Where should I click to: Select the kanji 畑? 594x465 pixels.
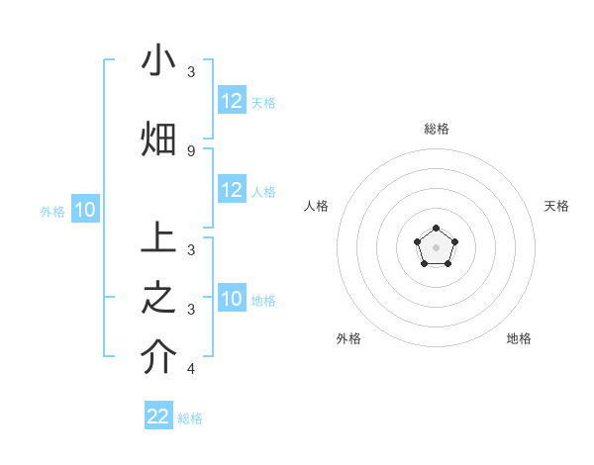pyautogui.click(x=158, y=139)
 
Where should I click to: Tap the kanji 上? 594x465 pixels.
pyautogui.click(x=158, y=239)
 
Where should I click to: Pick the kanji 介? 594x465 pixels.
pyautogui.click(x=158, y=358)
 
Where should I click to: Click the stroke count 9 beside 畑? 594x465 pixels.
pyautogui.click(x=191, y=150)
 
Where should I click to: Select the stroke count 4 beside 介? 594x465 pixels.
pyautogui.click(x=191, y=370)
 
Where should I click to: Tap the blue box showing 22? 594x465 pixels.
pyautogui.click(x=158, y=417)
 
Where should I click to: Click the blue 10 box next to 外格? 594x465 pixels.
pyautogui.click(x=85, y=210)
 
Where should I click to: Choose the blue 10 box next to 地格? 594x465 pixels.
pyautogui.click(x=232, y=300)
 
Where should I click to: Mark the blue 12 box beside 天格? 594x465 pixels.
pyautogui.click(x=232, y=101)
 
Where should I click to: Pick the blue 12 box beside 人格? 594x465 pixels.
pyautogui.click(x=232, y=191)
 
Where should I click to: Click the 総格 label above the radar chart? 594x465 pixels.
pyautogui.click(x=436, y=129)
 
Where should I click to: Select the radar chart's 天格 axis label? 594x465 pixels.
pyautogui.click(x=556, y=206)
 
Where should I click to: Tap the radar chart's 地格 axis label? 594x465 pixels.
pyautogui.click(x=519, y=338)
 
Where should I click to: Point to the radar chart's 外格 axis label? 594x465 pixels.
pyautogui.click(x=348, y=338)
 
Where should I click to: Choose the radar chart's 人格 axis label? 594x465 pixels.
pyautogui.click(x=316, y=206)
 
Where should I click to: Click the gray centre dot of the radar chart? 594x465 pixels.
pyautogui.click(x=436, y=246)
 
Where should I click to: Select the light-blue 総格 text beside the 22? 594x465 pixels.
pyautogui.click(x=190, y=418)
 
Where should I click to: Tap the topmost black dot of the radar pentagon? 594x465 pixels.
pyautogui.click(x=436, y=229)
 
